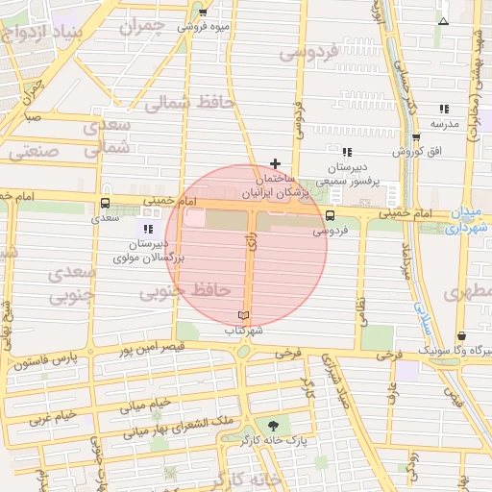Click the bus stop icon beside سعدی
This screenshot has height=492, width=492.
coord(105,203)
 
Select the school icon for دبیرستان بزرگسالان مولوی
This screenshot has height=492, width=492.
coord(147,228)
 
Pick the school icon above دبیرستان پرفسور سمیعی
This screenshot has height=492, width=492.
coord(347,151)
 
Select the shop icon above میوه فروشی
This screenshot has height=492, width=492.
coord(203,12)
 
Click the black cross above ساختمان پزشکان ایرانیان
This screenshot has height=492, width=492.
coord(276,163)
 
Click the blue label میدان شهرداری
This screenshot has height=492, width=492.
coord(470,220)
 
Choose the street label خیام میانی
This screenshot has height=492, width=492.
coord(145,405)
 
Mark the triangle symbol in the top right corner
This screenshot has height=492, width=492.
coord(443,20)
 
